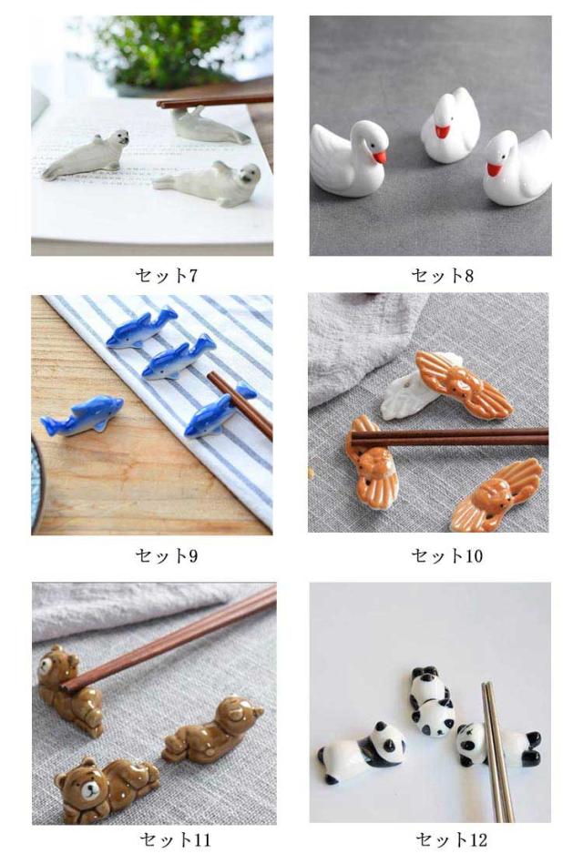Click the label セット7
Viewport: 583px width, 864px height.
(x=166, y=275)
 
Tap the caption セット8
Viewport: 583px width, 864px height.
(x=443, y=275)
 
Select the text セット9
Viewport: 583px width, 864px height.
(x=166, y=555)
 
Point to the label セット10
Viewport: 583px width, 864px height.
(x=446, y=555)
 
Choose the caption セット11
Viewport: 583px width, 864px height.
(x=176, y=839)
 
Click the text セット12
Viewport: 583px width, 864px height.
(x=452, y=839)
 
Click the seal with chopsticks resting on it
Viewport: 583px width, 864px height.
(x=210, y=127)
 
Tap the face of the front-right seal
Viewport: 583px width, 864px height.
(x=247, y=177)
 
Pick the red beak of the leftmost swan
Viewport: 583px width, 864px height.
(x=380, y=158)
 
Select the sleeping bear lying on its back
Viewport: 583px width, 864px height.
(x=212, y=728)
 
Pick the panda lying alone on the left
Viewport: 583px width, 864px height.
(x=362, y=752)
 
